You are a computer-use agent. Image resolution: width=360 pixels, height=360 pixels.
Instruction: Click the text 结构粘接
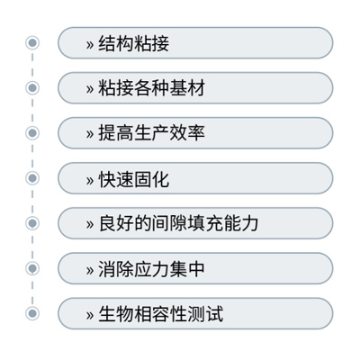(134, 43)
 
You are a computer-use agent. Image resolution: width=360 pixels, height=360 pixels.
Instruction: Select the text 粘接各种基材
(151, 88)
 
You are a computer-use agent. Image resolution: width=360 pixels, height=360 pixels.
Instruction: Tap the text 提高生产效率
(151, 133)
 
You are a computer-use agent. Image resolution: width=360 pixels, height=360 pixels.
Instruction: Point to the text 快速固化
(134, 179)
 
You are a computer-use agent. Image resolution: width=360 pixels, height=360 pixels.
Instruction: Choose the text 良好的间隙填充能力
(178, 223)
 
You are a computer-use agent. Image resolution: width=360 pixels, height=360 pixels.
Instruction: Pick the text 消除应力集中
(151, 269)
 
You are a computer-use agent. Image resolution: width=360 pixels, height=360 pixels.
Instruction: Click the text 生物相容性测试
(160, 314)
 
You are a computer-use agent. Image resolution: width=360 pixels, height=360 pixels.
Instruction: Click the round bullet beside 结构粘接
(32, 42)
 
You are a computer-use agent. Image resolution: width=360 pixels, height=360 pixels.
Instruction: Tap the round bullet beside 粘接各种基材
(32, 88)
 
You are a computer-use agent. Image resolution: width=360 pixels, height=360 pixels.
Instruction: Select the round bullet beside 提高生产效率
(32, 133)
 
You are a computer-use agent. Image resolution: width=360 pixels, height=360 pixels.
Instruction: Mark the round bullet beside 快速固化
(32, 178)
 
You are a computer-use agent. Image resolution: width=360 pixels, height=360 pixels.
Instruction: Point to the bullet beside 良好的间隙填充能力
(32, 223)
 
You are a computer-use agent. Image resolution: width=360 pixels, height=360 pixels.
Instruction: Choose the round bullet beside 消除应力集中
(32, 268)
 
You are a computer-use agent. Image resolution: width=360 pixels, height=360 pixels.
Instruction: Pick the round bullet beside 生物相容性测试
(32, 313)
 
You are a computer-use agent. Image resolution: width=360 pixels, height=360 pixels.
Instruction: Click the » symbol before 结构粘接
(90, 45)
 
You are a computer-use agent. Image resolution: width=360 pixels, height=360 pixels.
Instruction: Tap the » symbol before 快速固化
(90, 181)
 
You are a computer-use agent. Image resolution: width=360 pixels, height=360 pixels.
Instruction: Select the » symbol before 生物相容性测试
(90, 316)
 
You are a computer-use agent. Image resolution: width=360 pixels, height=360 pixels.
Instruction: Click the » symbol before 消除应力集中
(90, 270)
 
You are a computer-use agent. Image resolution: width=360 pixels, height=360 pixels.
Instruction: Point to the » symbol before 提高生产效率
(90, 135)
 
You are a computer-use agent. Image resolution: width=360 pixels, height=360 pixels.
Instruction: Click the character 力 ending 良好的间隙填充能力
(249, 223)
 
